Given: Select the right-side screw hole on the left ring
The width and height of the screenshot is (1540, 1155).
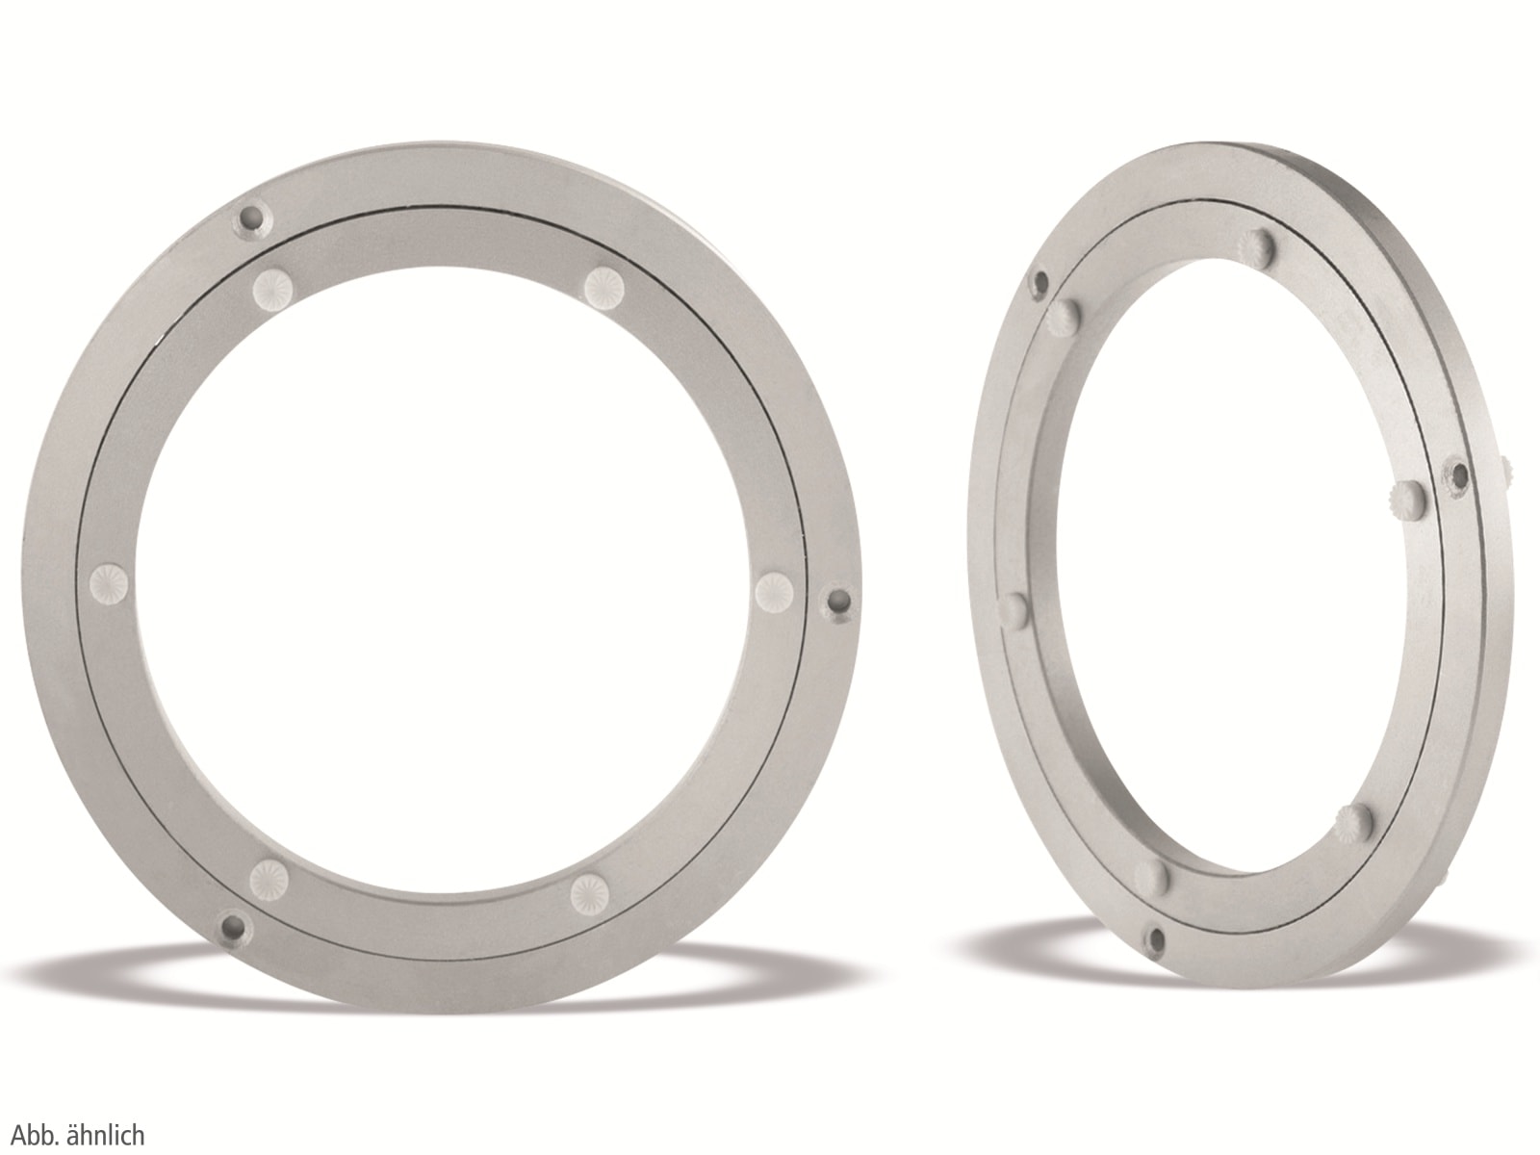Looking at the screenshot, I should (x=839, y=603).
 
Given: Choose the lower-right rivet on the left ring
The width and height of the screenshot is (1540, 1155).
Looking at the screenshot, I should (x=588, y=892).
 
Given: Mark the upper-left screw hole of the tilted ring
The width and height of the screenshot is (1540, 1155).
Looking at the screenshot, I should (x=1040, y=281).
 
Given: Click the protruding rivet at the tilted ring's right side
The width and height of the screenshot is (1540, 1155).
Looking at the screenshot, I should (x=1407, y=498).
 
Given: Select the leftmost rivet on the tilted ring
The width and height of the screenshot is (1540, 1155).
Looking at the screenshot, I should (x=1014, y=608).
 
